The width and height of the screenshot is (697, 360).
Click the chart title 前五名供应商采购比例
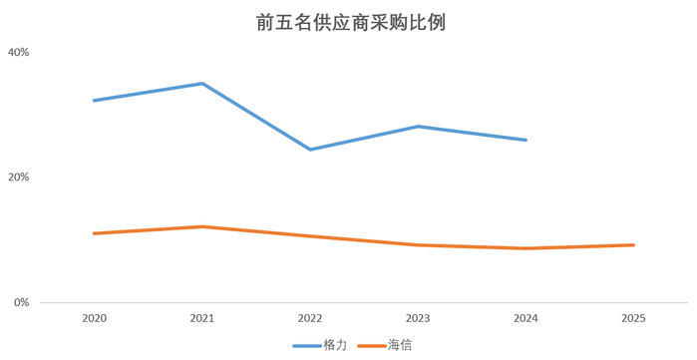tap(351, 23)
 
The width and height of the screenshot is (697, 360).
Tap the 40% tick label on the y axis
tap(18, 53)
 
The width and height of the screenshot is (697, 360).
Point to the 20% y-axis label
tap(18, 178)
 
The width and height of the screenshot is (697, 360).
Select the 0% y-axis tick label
tap(21, 303)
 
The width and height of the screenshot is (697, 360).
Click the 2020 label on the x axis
tap(95, 318)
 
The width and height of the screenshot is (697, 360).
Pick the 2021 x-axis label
tap(202, 318)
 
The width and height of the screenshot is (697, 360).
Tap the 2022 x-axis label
tap(310, 318)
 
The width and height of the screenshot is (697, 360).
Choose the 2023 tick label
tap(418, 318)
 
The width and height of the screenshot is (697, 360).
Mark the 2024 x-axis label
tap(525, 318)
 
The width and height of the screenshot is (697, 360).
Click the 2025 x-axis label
tap(633, 318)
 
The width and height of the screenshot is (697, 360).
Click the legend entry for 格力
tap(320, 345)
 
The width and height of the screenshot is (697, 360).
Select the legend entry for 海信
tap(385, 345)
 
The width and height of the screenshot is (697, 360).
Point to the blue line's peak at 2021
tap(202, 84)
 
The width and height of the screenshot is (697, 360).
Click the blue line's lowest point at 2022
tap(310, 150)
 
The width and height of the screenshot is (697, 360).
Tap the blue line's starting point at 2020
tap(95, 101)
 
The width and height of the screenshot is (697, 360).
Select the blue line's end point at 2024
tap(525, 140)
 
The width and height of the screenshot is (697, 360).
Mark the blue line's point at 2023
tap(418, 127)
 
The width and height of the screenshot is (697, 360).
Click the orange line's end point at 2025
tap(633, 245)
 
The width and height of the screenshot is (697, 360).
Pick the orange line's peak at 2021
tap(202, 226)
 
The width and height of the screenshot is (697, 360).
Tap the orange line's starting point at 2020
tap(95, 233)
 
